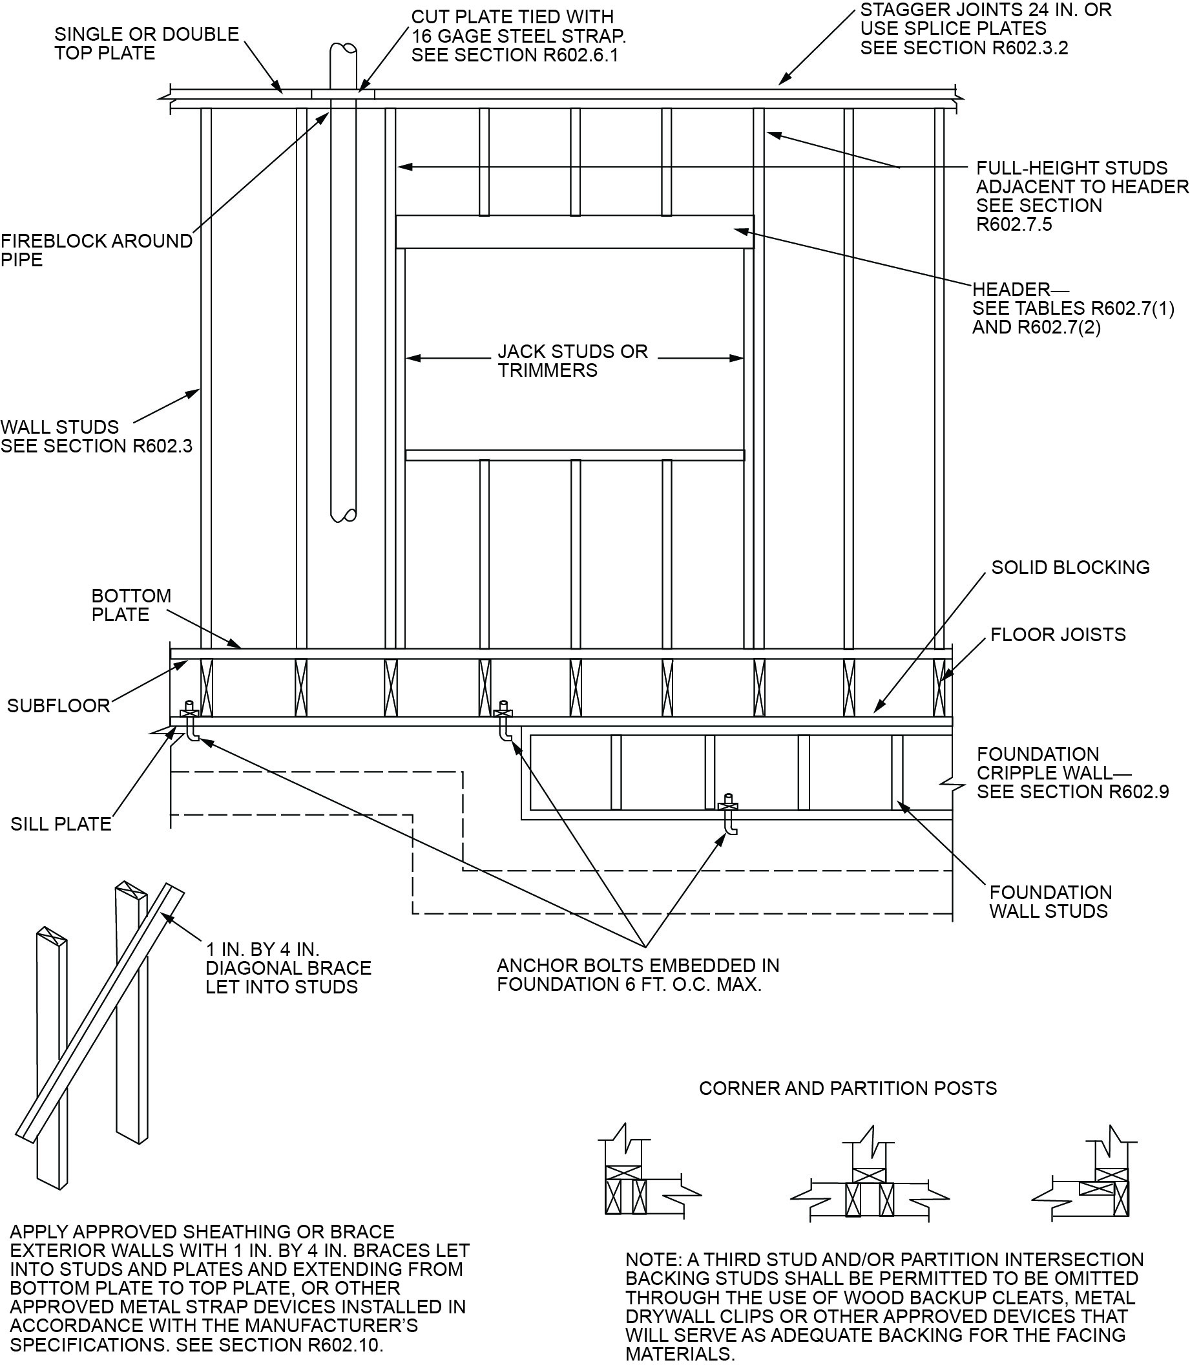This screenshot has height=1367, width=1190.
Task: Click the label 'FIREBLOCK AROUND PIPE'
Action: [96, 249]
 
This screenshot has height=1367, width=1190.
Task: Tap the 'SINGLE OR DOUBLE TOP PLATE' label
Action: [146, 43]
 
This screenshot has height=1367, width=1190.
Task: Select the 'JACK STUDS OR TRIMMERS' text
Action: [572, 361]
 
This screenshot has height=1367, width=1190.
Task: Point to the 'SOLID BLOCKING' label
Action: [1070, 567]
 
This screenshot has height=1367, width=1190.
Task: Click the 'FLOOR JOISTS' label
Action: [1058, 634]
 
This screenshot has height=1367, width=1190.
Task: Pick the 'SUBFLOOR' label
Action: [58, 705]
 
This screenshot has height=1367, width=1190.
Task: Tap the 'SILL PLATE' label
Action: [61, 823]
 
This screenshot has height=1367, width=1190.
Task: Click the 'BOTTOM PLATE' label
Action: [130, 605]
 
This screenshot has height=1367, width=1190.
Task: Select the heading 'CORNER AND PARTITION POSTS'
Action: [848, 1088]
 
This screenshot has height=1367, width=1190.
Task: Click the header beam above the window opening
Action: [575, 232]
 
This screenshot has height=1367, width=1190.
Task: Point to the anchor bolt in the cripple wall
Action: [729, 814]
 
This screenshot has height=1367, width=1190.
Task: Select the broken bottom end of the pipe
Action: [343, 514]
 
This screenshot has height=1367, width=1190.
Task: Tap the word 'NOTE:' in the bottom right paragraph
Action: [654, 1260]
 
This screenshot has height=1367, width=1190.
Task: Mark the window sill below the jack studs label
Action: [575, 455]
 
